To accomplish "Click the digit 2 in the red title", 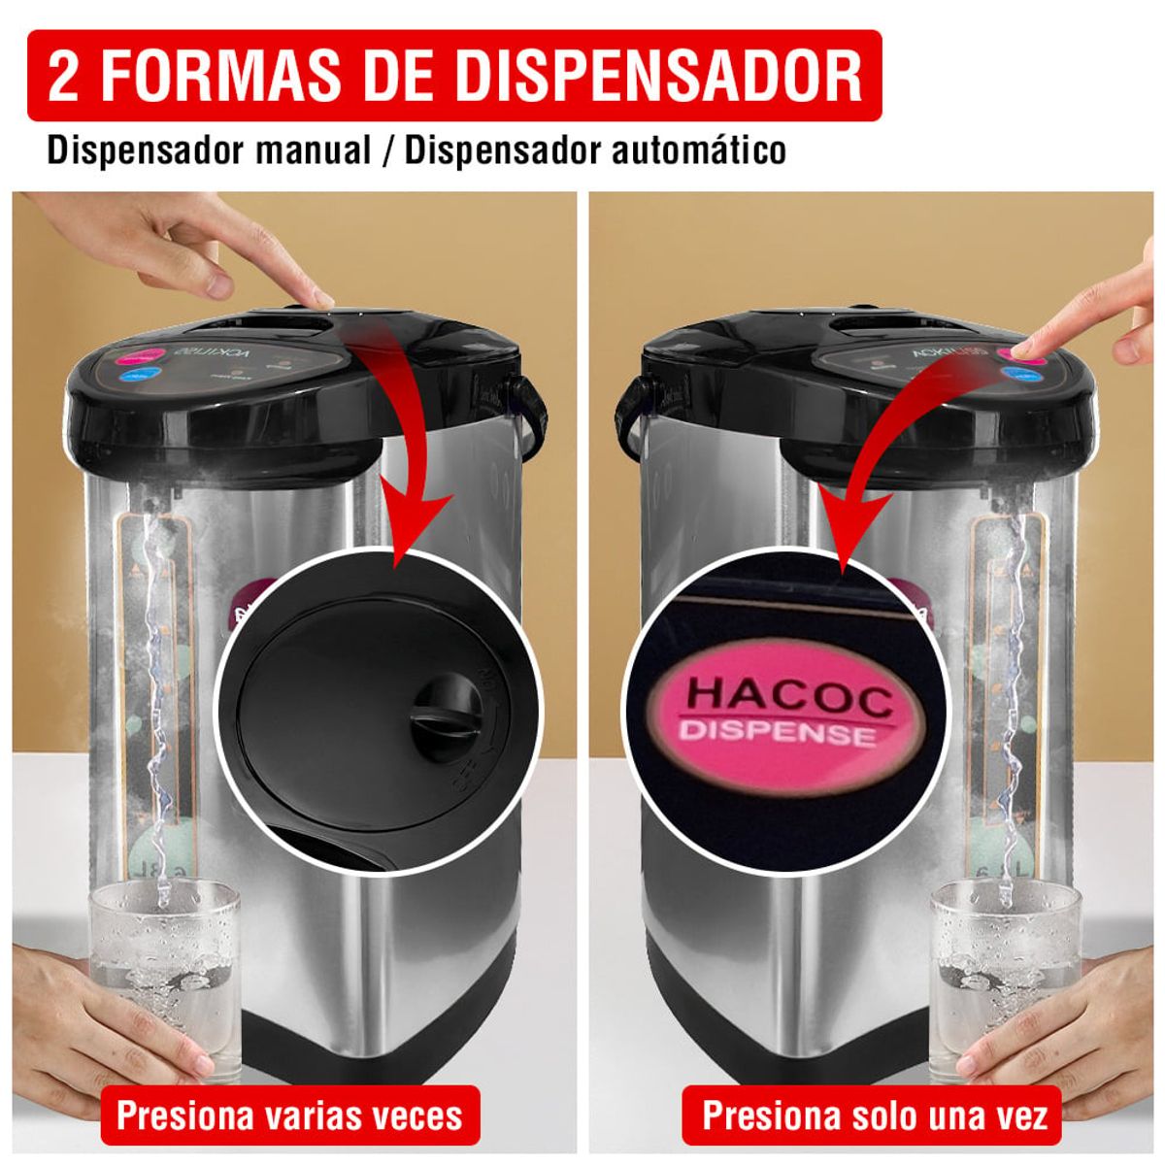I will click(x=63, y=76).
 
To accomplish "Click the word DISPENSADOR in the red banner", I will click(x=658, y=76).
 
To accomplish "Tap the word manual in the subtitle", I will click(x=314, y=151).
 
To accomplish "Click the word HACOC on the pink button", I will click(x=788, y=697).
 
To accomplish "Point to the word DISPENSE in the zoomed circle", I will click(x=777, y=732).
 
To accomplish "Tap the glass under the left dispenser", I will click(x=164, y=971).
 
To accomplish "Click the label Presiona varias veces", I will click(x=289, y=1115).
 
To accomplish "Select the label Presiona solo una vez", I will click(x=875, y=1115).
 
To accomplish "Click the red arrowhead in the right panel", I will click(x=851, y=529).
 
